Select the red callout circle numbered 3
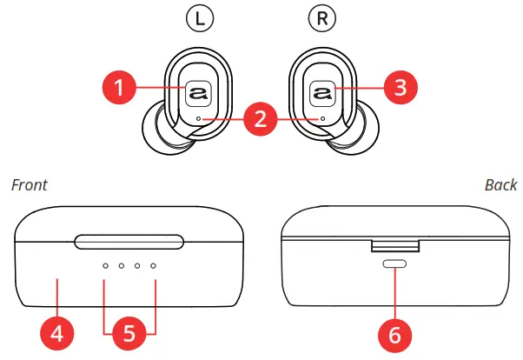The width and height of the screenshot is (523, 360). [401, 87]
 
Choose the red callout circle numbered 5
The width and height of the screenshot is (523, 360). [129, 333]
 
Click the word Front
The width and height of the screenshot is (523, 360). [29, 185]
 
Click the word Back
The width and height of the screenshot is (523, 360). [500, 185]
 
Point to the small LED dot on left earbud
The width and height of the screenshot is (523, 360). [199, 117]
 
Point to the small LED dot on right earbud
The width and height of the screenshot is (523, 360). [323, 117]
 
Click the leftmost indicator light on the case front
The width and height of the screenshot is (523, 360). [105, 266]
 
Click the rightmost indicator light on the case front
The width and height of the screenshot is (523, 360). [153, 266]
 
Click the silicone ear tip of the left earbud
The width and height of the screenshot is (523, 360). [156, 131]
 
